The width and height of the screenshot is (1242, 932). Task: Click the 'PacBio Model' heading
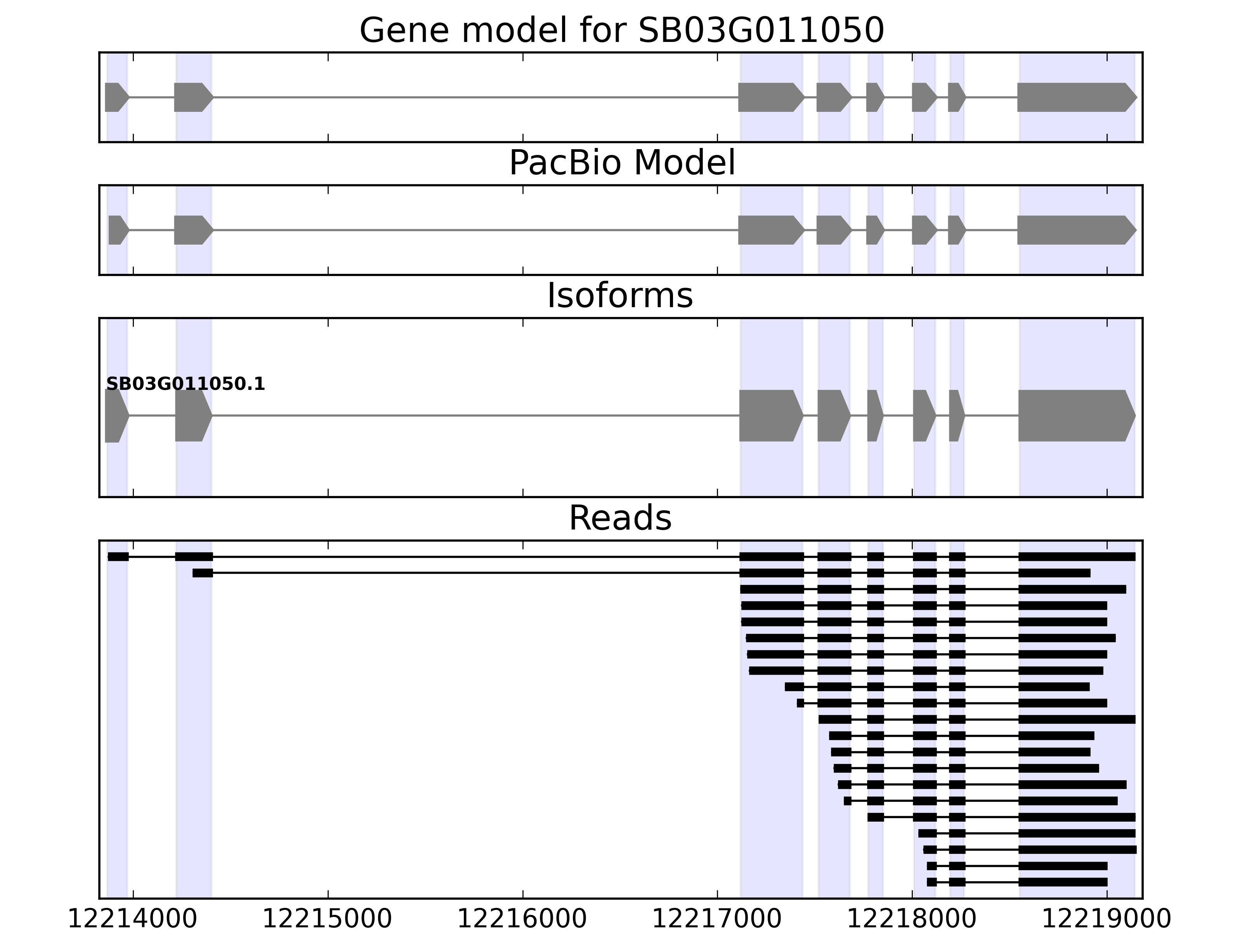coord(621,163)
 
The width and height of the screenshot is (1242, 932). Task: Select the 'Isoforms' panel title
coord(620,296)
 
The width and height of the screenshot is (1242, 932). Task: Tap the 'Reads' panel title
coord(620,518)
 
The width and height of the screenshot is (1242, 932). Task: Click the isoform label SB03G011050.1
coord(185,384)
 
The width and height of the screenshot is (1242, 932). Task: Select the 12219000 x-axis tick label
coord(1107,919)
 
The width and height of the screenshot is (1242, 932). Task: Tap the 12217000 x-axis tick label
coord(717,919)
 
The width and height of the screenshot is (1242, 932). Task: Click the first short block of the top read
coord(118,557)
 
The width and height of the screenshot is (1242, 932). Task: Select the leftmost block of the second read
coord(202,573)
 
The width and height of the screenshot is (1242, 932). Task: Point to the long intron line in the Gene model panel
coord(474,97)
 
